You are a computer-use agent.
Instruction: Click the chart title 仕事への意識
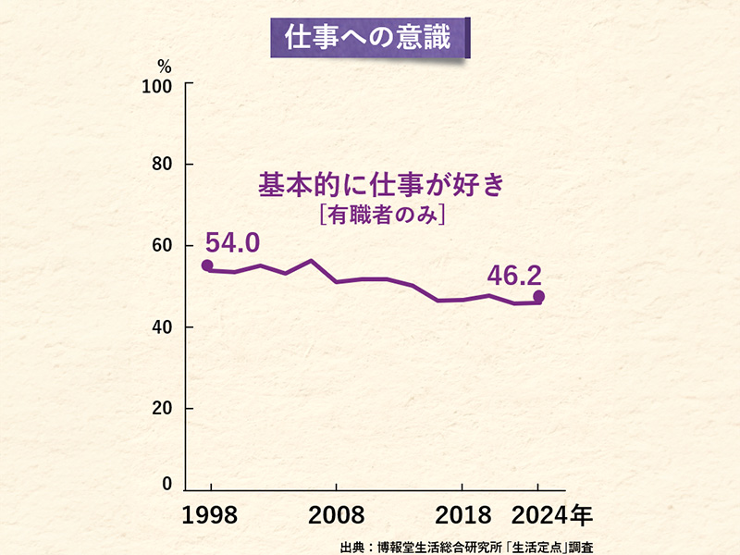(x=370, y=38)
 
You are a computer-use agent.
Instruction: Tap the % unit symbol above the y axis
(x=165, y=67)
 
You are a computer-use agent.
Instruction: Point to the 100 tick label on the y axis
(x=156, y=86)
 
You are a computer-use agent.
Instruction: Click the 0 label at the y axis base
(x=167, y=484)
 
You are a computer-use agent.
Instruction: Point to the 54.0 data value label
(x=232, y=243)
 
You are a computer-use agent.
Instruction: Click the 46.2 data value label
(x=516, y=275)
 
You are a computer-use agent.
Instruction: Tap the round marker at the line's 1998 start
(x=207, y=266)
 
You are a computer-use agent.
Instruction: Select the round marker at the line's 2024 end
(x=539, y=297)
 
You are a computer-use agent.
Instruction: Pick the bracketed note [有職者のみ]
(x=381, y=215)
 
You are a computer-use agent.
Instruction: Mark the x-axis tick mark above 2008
(x=336, y=487)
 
